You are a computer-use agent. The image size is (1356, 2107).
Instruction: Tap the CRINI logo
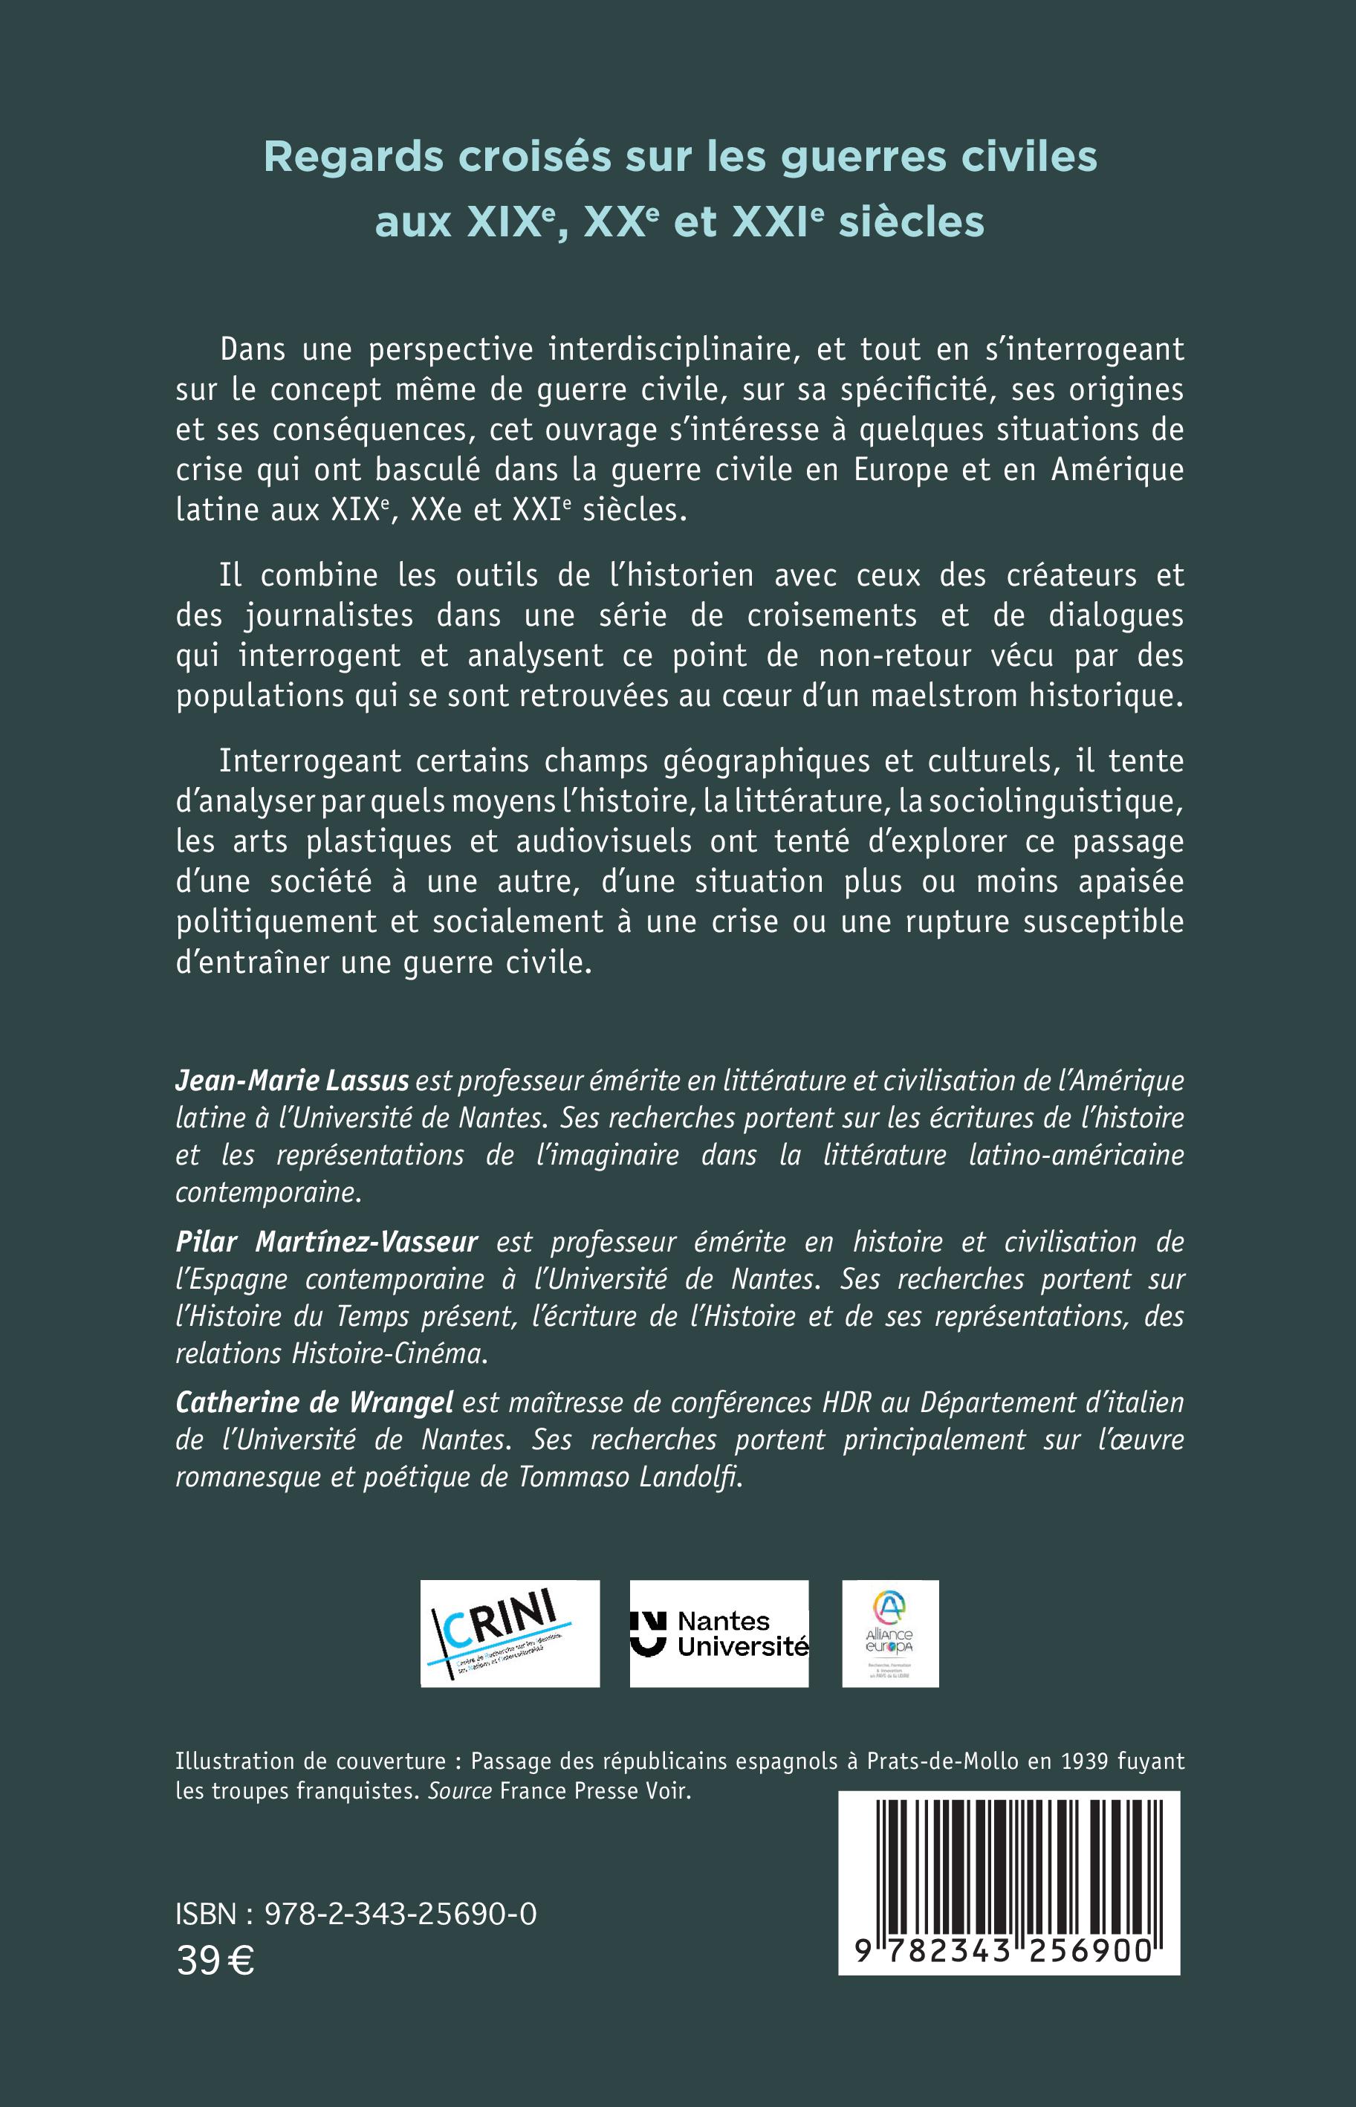pyautogui.click(x=510, y=1634)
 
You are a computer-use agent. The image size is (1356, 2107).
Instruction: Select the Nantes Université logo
pyautogui.click(x=718, y=1634)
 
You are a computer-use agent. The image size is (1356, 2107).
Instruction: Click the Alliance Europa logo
pyautogui.click(x=889, y=1634)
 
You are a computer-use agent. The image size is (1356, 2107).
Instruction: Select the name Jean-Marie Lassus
pyautogui.click(x=292, y=1081)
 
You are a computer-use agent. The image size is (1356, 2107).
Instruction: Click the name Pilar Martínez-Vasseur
pyautogui.click(x=327, y=1241)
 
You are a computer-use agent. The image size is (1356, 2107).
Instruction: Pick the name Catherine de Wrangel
pyautogui.click(x=314, y=1402)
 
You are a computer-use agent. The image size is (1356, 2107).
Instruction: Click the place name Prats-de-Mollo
pyautogui.click(x=942, y=1761)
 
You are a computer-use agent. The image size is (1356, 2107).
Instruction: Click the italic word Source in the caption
pyautogui.click(x=460, y=1790)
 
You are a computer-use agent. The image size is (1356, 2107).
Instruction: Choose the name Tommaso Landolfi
pyautogui.click(x=629, y=1476)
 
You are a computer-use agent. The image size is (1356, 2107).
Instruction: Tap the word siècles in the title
pyautogui.click(x=912, y=222)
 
